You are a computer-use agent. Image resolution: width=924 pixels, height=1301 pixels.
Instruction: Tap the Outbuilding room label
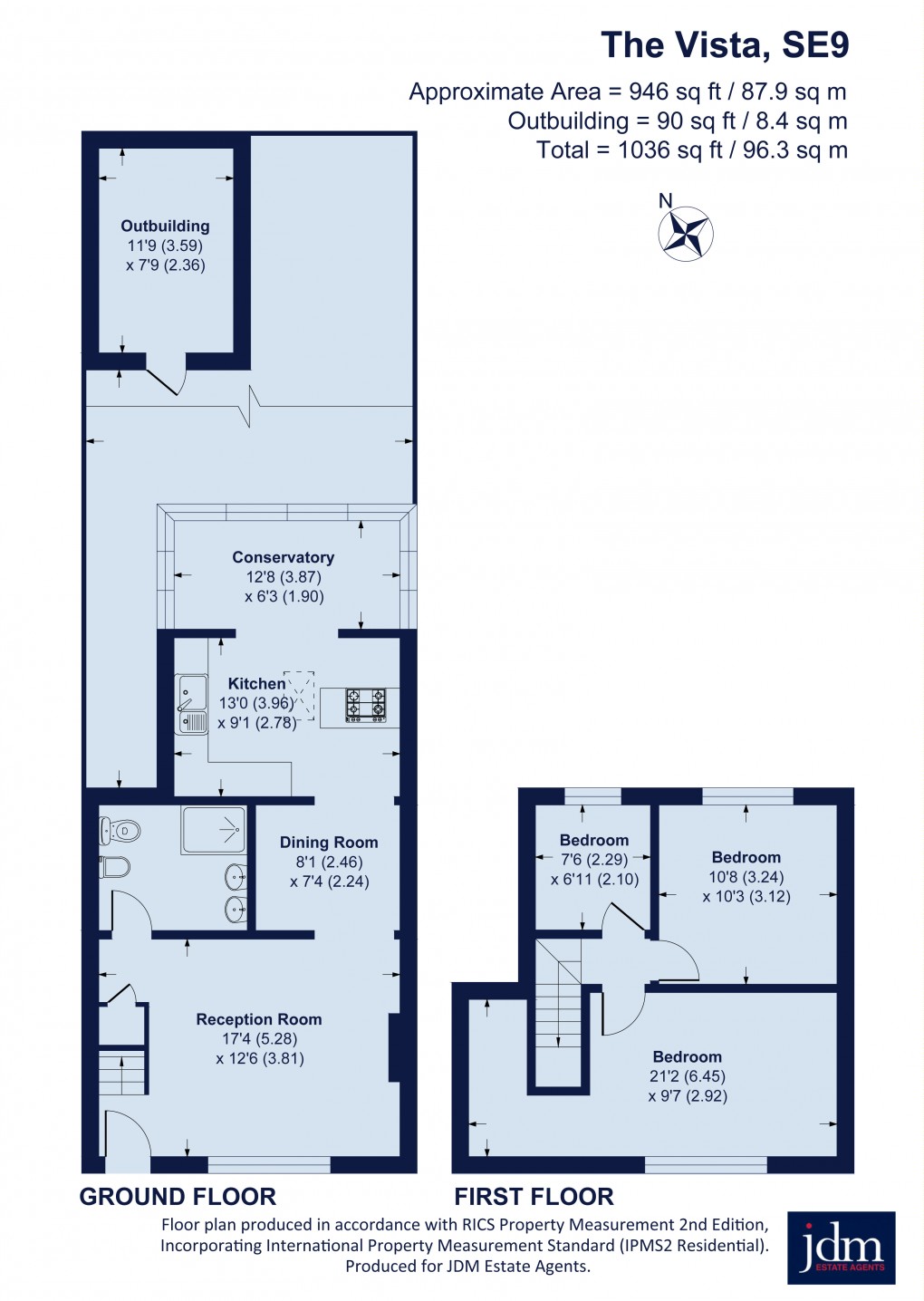point(165,226)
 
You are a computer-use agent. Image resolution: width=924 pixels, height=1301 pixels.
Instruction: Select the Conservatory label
point(284,557)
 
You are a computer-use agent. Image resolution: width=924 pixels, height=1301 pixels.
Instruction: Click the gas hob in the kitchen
point(366,705)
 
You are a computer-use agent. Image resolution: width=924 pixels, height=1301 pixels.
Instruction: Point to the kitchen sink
point(192,704)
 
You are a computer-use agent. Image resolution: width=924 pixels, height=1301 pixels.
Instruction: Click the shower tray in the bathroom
point(214,830)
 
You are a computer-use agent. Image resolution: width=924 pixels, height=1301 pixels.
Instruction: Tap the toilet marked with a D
point(120,832)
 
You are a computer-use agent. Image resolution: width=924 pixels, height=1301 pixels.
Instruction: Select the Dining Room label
point(329,843)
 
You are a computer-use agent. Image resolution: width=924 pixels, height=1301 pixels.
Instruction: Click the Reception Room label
point(259,1019)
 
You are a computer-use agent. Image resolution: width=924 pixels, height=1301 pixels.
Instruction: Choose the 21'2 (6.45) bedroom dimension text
point(688,1076)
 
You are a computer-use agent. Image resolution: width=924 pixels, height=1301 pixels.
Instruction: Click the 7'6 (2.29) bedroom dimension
point(594,860)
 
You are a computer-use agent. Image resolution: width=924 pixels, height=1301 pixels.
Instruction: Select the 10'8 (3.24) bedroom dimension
point(746,876)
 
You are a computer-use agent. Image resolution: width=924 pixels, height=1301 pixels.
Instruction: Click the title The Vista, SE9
point(725,45)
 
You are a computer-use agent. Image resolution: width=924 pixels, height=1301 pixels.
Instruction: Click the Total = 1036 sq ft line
point(692,149)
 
